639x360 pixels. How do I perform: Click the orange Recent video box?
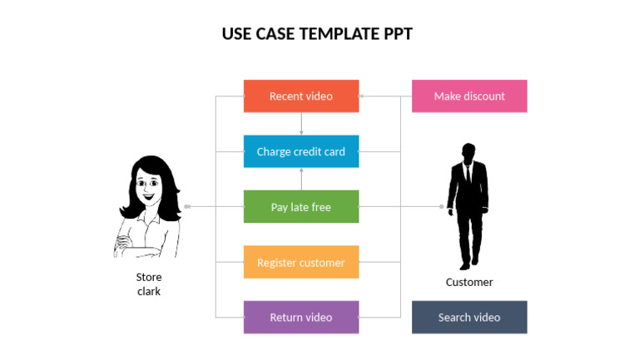click(300, 96)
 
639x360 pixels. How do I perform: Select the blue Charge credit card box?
click(300, 151)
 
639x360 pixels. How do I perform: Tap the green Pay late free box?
click(300, 207)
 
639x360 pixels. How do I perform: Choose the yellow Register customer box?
click(300, 262)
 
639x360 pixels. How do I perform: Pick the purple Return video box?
click(300, 317)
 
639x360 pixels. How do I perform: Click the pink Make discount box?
click(469, 96)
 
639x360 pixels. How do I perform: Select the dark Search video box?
click(469, 317)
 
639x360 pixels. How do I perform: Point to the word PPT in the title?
click(398, 34)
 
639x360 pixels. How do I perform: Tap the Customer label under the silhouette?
click(469, 282)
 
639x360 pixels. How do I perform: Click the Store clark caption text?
click(149, 284)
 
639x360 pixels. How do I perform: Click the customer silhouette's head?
click(468, 154)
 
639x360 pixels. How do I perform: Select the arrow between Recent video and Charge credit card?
click(301, 123)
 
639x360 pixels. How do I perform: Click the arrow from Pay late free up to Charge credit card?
click(301, 178)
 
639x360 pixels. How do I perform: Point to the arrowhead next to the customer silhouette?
click(442, 206)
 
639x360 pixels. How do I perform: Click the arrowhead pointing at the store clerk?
click(187, 206)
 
